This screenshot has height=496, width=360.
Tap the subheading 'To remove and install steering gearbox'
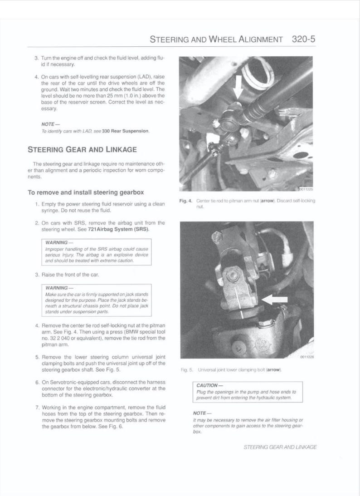[86, 192]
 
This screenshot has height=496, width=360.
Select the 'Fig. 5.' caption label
[185, 370]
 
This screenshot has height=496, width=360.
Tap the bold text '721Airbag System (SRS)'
[126, 230]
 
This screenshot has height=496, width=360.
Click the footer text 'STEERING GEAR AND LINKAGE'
[280, 447]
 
